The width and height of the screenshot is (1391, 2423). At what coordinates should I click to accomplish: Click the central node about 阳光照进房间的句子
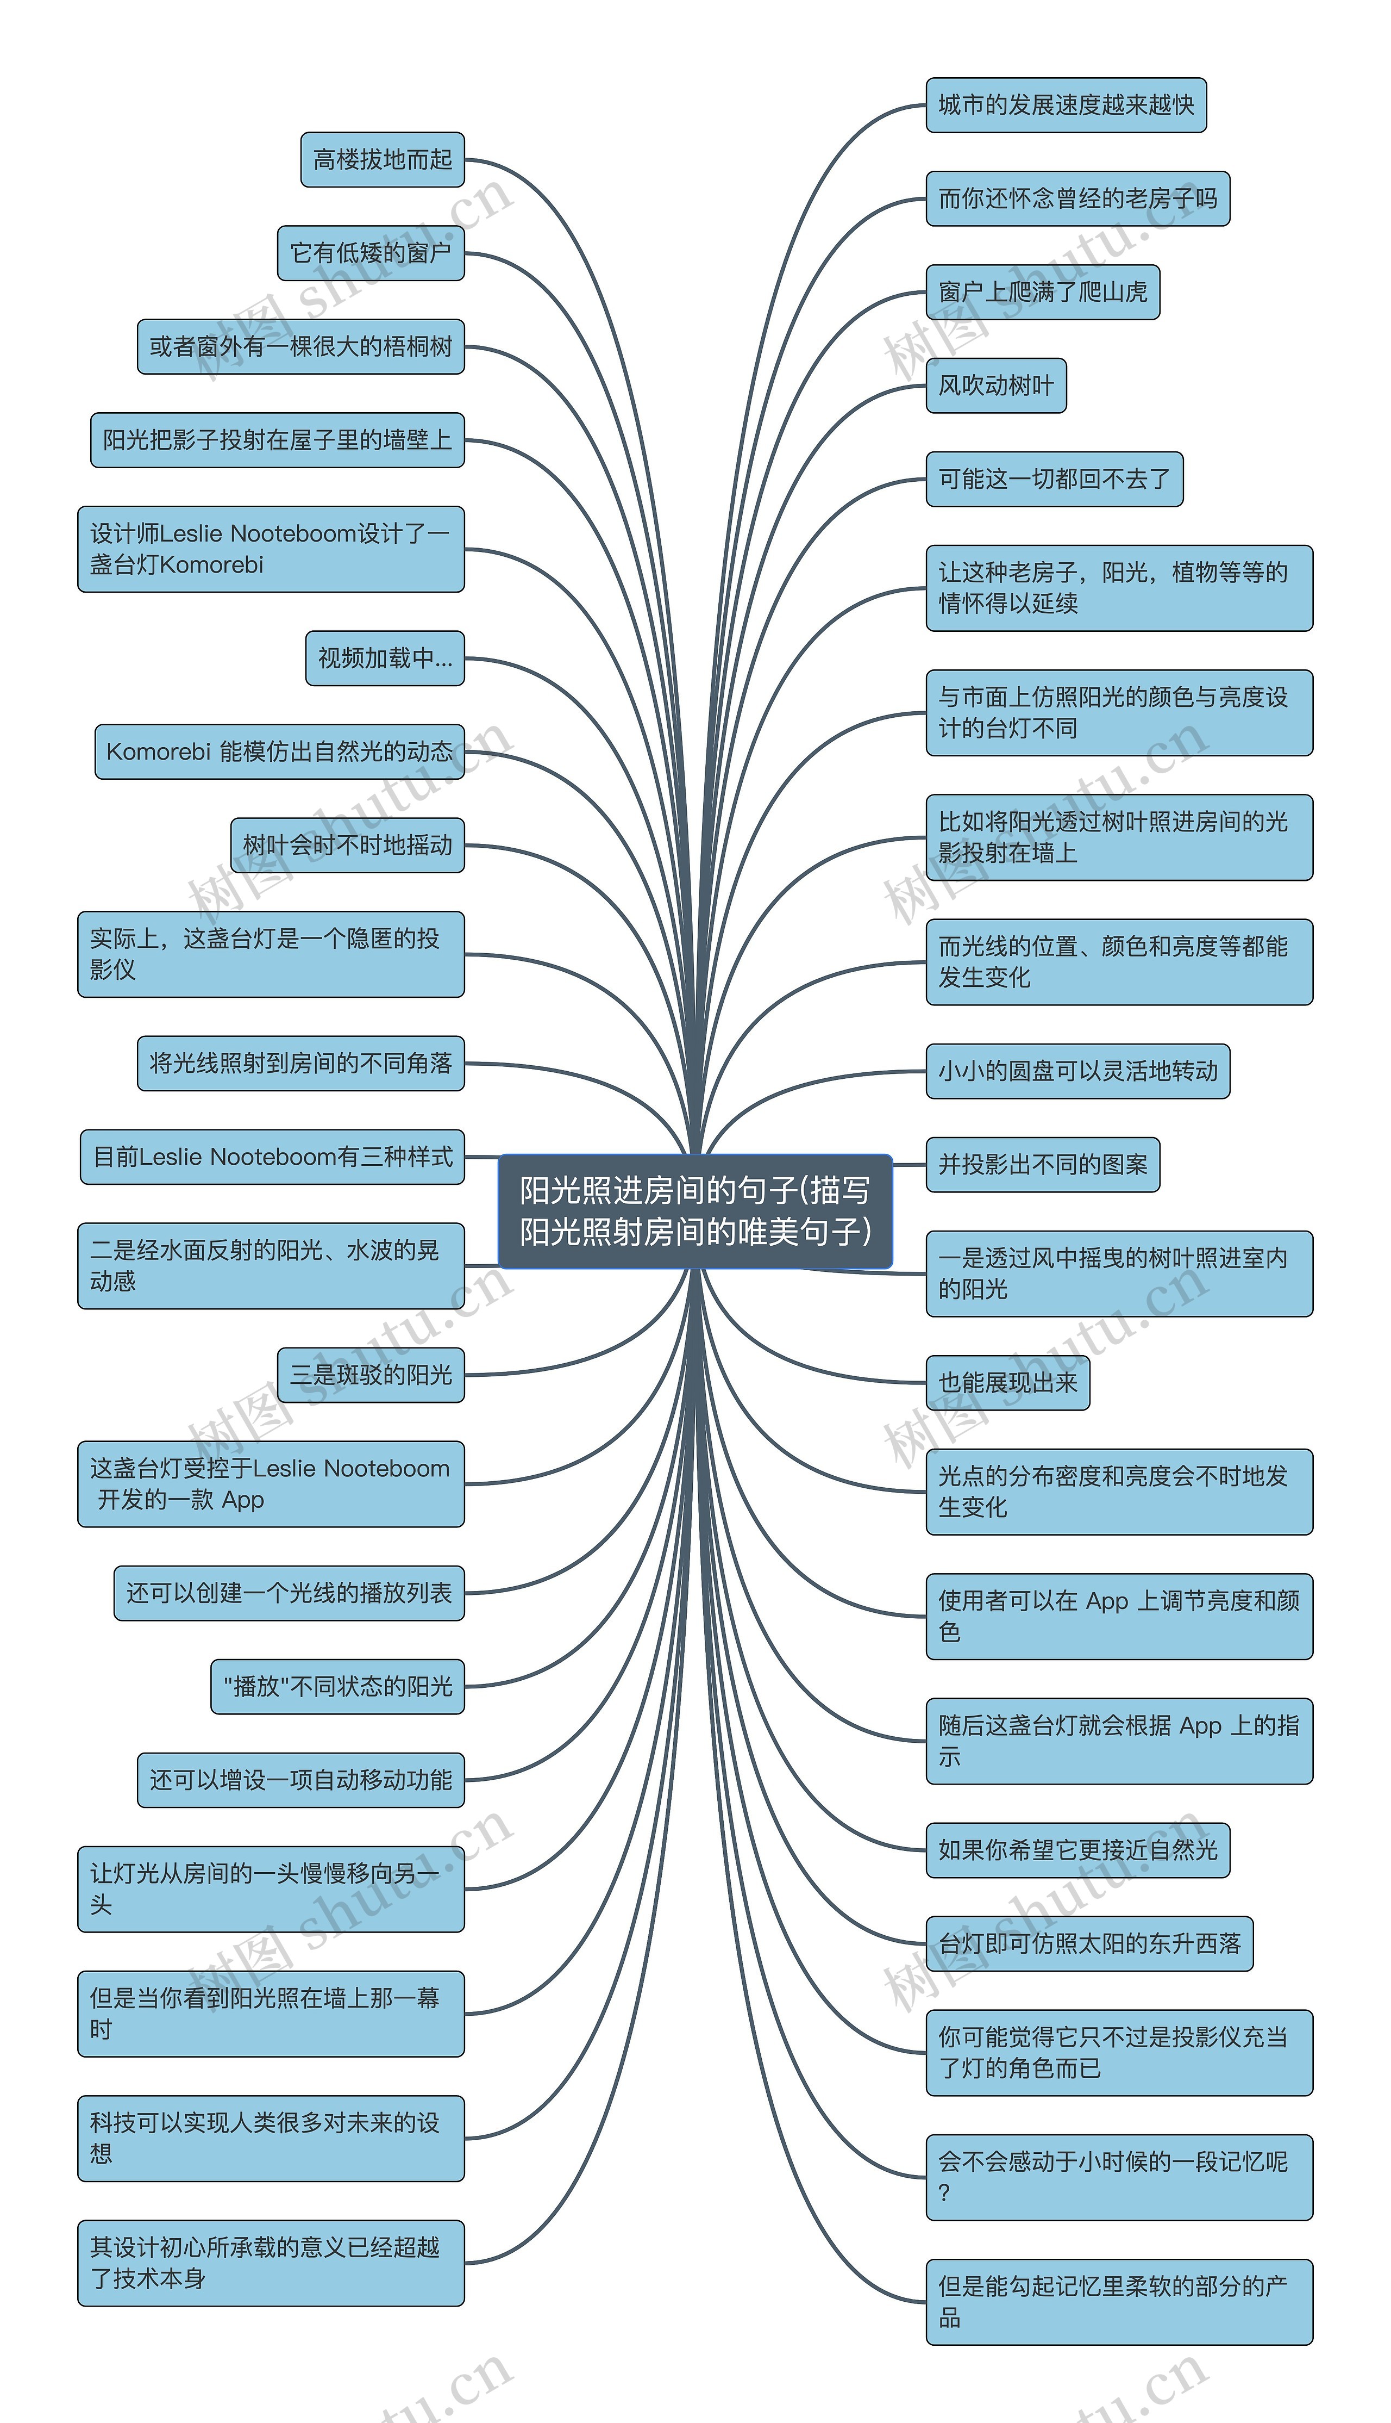[694, 1211]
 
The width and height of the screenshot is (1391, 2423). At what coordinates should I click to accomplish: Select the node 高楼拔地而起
[382, 160]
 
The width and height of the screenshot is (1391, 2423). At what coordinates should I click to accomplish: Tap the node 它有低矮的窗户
[371, 253]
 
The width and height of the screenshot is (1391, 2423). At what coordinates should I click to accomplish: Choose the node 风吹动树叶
[995, 386]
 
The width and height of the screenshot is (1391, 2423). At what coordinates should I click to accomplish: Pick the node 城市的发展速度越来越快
[1065, 105]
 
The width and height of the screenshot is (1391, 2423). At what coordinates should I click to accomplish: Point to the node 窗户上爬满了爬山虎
[1042, 293]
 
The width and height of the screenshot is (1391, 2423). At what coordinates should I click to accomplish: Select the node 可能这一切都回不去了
[1054, 479]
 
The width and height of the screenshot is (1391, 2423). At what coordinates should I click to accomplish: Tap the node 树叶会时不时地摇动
[347, 845]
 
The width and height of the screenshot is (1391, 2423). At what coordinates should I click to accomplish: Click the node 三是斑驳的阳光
[371, 1375]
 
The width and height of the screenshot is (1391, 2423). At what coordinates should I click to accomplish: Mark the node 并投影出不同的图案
[1042, 1165]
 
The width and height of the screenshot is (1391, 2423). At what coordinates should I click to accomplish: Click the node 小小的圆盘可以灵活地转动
[1077, 1071]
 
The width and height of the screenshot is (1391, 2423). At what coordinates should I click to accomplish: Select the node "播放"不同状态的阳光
[337, 1687]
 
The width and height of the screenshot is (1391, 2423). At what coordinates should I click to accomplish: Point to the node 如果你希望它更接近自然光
[1077, 1850]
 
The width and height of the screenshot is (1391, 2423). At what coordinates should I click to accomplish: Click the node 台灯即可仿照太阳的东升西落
[1089, 1944]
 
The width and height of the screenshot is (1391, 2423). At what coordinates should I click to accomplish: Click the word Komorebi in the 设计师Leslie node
[211, 565]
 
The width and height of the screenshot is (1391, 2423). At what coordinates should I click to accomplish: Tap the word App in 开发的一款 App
[243, 1500]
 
